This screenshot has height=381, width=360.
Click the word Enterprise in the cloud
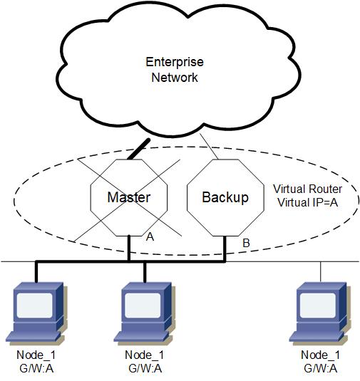point(175,63)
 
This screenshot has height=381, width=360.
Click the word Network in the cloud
point(175,78)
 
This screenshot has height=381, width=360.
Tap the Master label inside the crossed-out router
point(129,197)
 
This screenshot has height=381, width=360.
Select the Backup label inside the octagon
point(225,197)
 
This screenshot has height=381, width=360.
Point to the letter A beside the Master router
point(150,236)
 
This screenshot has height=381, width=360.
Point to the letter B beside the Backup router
point(246,243)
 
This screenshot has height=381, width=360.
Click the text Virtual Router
point(307,189)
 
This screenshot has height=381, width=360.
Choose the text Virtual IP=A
point(308,202)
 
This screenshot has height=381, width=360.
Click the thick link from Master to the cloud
point(139,149)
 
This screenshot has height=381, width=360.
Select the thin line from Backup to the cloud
point(209,146)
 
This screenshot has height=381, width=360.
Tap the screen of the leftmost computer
point(35,306)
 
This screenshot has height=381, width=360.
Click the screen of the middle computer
point(143,306)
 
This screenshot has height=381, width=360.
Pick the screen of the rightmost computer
point(318,306)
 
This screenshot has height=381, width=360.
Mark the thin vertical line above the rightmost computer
point(321,272)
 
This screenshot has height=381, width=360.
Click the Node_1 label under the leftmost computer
point(36,355)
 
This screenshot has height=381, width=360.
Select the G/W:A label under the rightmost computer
point(321,369)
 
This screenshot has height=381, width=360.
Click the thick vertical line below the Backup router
point(225,249)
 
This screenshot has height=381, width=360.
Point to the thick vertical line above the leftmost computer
point(36,272)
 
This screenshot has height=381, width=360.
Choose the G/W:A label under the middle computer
point(145,369)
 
